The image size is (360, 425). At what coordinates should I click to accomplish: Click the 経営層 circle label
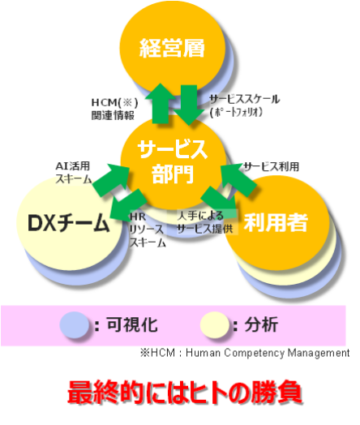pyautogui.click(x=172, y=48)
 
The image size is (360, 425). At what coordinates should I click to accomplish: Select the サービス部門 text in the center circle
pyautogui.click(x=172, y=161)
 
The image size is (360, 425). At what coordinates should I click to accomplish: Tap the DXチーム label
pyautogui.click(x=69, y=223)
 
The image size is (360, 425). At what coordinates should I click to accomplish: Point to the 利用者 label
pyautogui.click(x=276, y=222)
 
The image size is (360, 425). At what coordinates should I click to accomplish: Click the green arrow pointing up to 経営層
pyautogui.click(x=161, y=104)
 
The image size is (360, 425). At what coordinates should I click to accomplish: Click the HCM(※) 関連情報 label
pyautogui.click(x=114, y=109)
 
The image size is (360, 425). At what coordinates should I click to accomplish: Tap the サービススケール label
pyautogui.click(x=245, y=99)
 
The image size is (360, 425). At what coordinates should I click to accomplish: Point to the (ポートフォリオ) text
pyautogui.click(x=236, y=112)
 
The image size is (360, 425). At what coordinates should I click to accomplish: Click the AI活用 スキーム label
pyautogui.click(x=74, y=173)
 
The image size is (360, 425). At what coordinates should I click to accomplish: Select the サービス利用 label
pyautogui.click(x=271, y=167)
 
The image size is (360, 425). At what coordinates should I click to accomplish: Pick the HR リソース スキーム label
pyautogui.click(x=148, y=230)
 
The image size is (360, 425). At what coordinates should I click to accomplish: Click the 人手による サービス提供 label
pyautogui.click(x=205, y=222)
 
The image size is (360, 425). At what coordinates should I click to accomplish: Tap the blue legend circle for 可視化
pyautogui.click(x=75, y=324)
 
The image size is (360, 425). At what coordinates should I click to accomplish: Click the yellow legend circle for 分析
pyautogui.click(x=215, y=324)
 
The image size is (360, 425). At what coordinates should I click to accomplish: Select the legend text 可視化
pyautogui.click(x=132, y=324)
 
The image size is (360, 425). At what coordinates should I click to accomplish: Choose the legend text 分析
pyautogui.click(x=261, y=324)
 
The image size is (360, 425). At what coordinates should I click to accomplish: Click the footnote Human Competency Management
pyautogui.click(x=268, y=353)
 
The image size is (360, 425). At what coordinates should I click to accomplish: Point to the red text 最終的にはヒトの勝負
pyautogui.click(x=185, y=392)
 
